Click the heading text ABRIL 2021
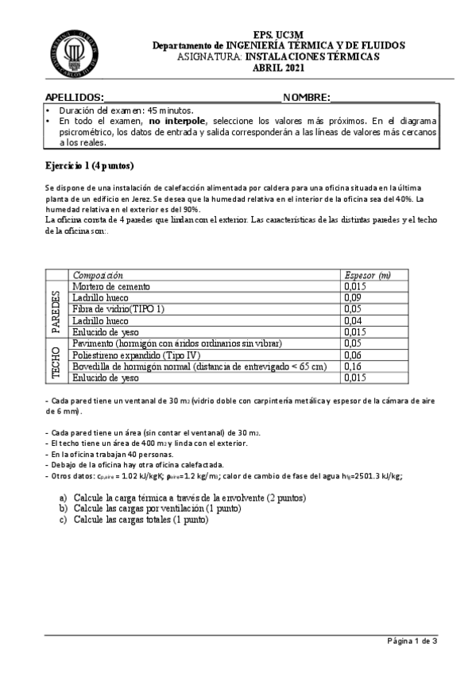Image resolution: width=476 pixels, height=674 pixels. click(x=278, y=68)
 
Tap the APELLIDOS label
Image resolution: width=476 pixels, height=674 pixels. click(x=75, y=96)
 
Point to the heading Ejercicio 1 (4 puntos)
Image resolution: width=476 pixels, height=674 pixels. click(x=90, y=166)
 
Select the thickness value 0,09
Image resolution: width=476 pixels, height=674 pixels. click(x=354, y=297)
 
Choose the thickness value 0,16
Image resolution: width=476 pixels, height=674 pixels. click(x=354, y=366)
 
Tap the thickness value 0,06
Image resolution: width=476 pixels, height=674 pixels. click(x=354, y=354)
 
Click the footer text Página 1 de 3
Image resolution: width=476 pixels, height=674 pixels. click(x=412, y=641)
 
